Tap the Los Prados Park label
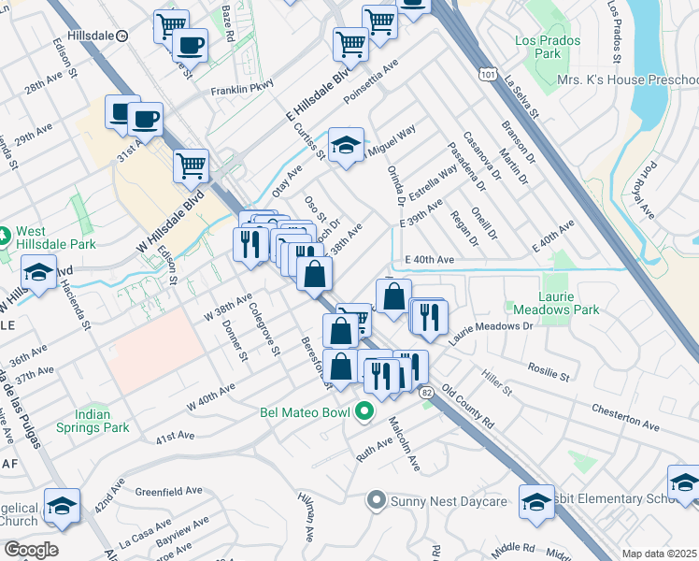click(x=548, y=48)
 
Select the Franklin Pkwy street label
click(x=239, y=91)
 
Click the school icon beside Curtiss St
click(x=346, y=146)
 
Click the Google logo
click(x=31, y=550)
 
